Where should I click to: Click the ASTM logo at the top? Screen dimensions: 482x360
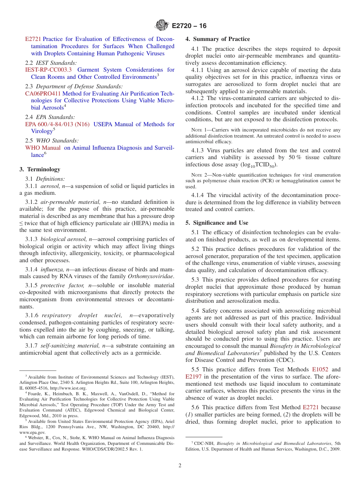(x=162, y=25)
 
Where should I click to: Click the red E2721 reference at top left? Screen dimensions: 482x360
(x=33, y=39)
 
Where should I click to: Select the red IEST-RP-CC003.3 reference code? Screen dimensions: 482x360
(x=48, y=70)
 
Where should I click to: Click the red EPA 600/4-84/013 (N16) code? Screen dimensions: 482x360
(x=57, y=124)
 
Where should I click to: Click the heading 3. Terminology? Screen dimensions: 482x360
(x=40, y=169)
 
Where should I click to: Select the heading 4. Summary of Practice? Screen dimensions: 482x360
(x=218, y=39)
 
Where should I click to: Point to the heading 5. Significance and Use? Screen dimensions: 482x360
(x=217, y=223)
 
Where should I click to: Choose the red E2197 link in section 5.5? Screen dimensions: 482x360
(x=193, y=377)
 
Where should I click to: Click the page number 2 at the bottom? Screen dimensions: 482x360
(x=180, y=466)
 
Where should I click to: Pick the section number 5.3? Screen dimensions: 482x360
(x=196, y=280)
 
